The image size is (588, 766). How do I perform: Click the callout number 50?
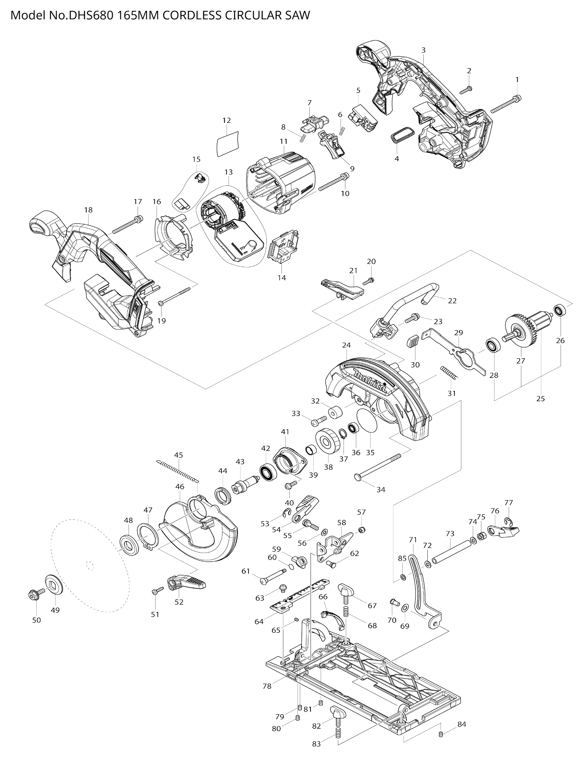(36, 620)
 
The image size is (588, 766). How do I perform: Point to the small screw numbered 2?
(466, 90)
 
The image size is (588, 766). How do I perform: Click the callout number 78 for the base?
(267, 686)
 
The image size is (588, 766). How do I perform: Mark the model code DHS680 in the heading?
(93, 15)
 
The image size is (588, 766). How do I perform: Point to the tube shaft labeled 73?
(451, 552)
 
